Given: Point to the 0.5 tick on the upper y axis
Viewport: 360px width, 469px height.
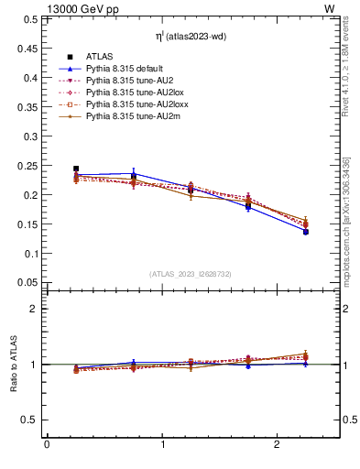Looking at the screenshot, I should [27, 19].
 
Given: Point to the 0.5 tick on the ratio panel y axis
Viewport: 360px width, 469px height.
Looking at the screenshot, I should [29, 420].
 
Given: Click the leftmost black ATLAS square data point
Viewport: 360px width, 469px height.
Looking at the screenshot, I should [76, 169].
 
